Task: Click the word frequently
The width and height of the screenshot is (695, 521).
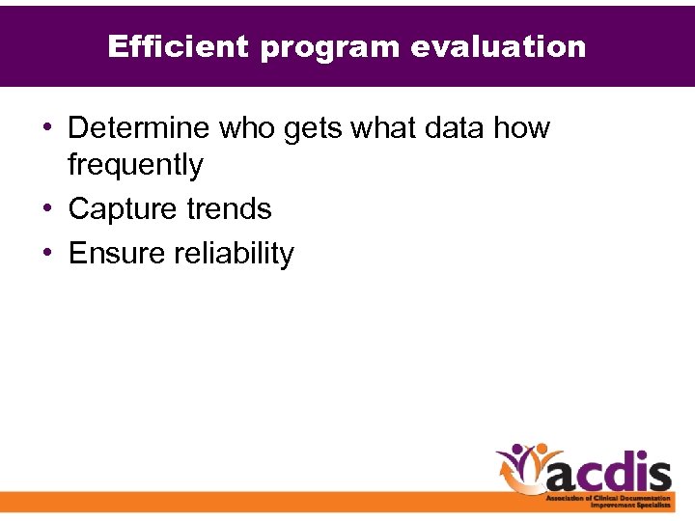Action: (135, 165)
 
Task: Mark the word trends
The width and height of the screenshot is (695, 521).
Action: (231, 208)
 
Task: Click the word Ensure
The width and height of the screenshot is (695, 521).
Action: (118, 253)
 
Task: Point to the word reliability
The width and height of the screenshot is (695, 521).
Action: (235, 253)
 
